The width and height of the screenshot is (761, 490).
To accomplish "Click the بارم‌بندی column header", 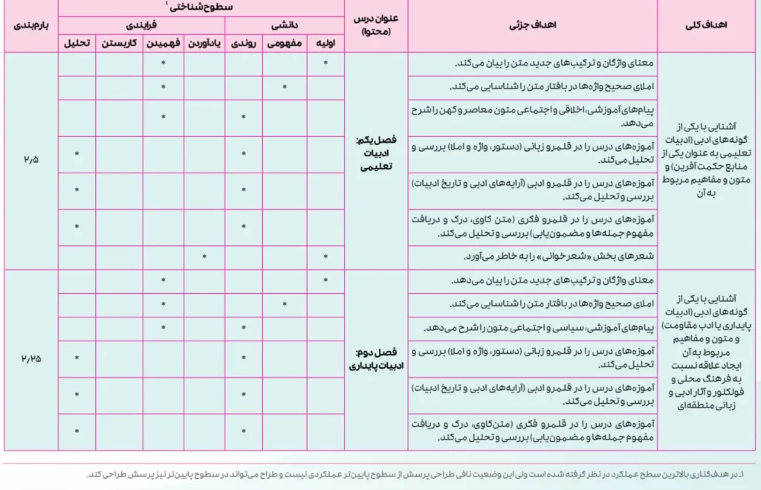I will [x=29, y=25].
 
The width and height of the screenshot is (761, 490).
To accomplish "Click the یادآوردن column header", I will [x=204, y=44].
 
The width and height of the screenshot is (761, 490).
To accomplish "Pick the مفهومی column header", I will [x=285, y=44].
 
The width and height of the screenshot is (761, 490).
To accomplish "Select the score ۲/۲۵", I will [x=29, y=358].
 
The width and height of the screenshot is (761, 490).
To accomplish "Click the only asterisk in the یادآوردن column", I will [x=204, y=257].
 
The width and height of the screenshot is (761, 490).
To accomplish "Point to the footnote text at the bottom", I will [x=416, y=475].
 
